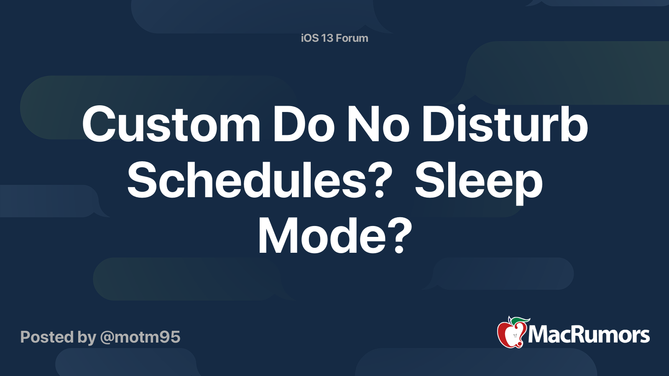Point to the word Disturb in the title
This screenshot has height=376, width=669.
[505, 124]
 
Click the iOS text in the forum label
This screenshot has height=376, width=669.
[310, 38]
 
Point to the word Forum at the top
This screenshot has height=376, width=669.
[352, 38]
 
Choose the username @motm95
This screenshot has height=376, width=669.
[140, 337]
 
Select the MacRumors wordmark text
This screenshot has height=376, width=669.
[589, 335]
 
